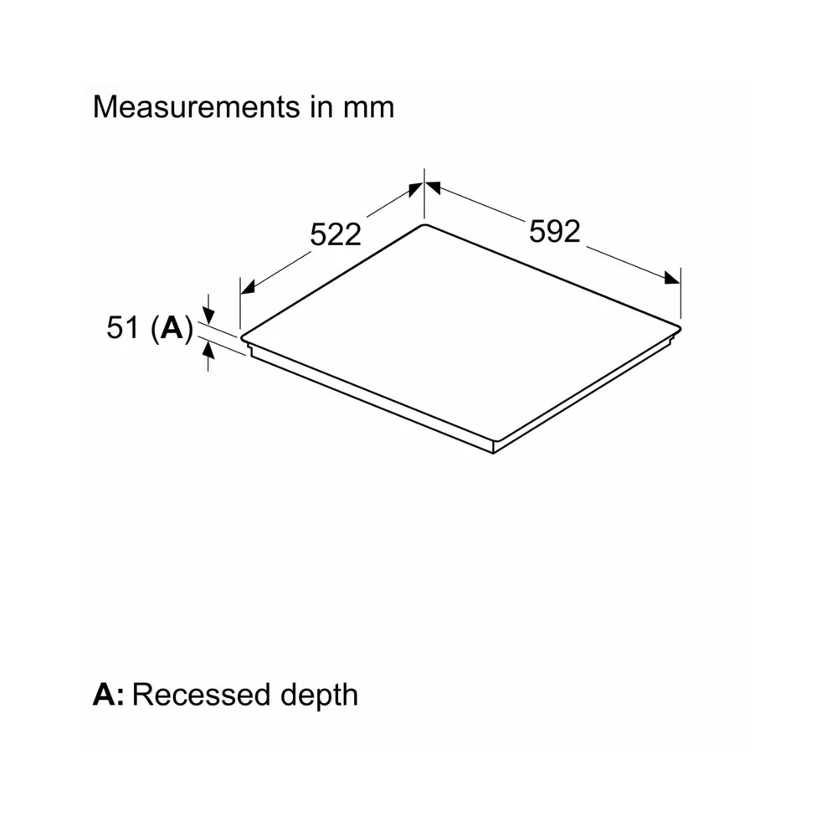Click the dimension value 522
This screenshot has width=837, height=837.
click(336, 234)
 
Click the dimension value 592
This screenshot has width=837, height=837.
click(554, 232)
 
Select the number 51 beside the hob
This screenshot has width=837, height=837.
click(123, 327)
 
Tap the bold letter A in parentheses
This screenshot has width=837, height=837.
click(172, 327)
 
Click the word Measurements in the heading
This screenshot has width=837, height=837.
click(197, 107)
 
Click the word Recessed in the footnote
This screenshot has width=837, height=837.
click(200, 695)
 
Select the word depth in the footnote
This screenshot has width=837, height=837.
click(319, 696)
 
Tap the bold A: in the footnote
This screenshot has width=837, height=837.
click(108, 695)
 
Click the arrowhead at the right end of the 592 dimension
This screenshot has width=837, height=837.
click(673, 278)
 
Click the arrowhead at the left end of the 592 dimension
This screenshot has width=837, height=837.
click(433, 187)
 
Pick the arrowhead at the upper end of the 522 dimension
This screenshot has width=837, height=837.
click(416, 189)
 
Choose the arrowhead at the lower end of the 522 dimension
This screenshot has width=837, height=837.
click(248, 287)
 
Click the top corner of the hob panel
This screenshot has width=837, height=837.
click(424, 224)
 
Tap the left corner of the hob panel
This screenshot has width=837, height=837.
click(242, 338)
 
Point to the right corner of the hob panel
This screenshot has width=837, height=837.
click(680, 326)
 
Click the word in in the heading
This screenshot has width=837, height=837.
click(321, 107)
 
